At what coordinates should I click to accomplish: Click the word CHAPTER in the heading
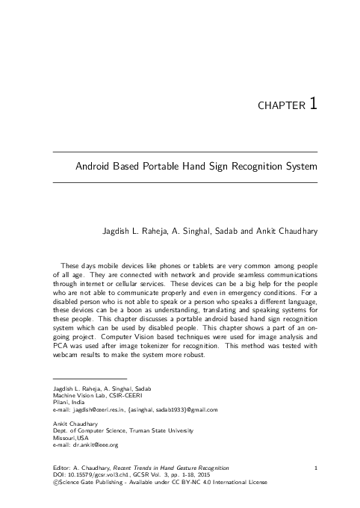[280, 106]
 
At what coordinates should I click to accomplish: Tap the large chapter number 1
[314, 103]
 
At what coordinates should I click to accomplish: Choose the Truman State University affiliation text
[146, 432]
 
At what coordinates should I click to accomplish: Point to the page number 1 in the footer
[317, 468]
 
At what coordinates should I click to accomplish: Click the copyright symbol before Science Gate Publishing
[49, 483]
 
